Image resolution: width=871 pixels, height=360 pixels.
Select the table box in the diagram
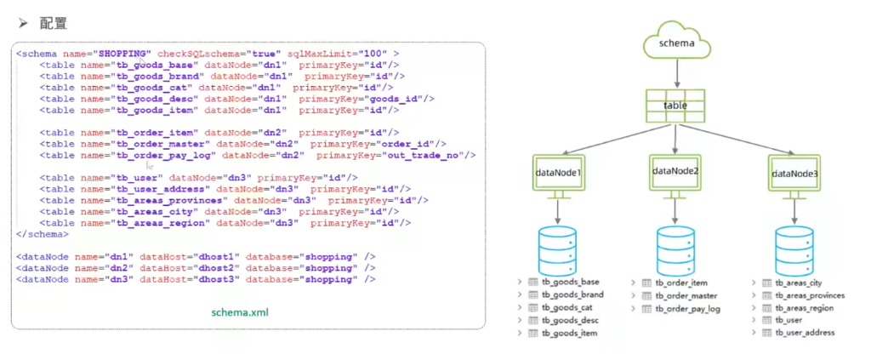pos(675,106)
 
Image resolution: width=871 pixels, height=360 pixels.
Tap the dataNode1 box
pos(558,173)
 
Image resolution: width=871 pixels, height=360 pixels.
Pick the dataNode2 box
pos(675,172)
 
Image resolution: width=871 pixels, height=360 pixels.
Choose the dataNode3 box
pos(794,173)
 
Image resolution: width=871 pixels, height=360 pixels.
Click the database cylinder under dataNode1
pos(558,249)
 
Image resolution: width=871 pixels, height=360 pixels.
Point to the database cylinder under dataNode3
pos(794,249)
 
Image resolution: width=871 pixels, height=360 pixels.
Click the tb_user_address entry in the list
pos(805,333)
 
